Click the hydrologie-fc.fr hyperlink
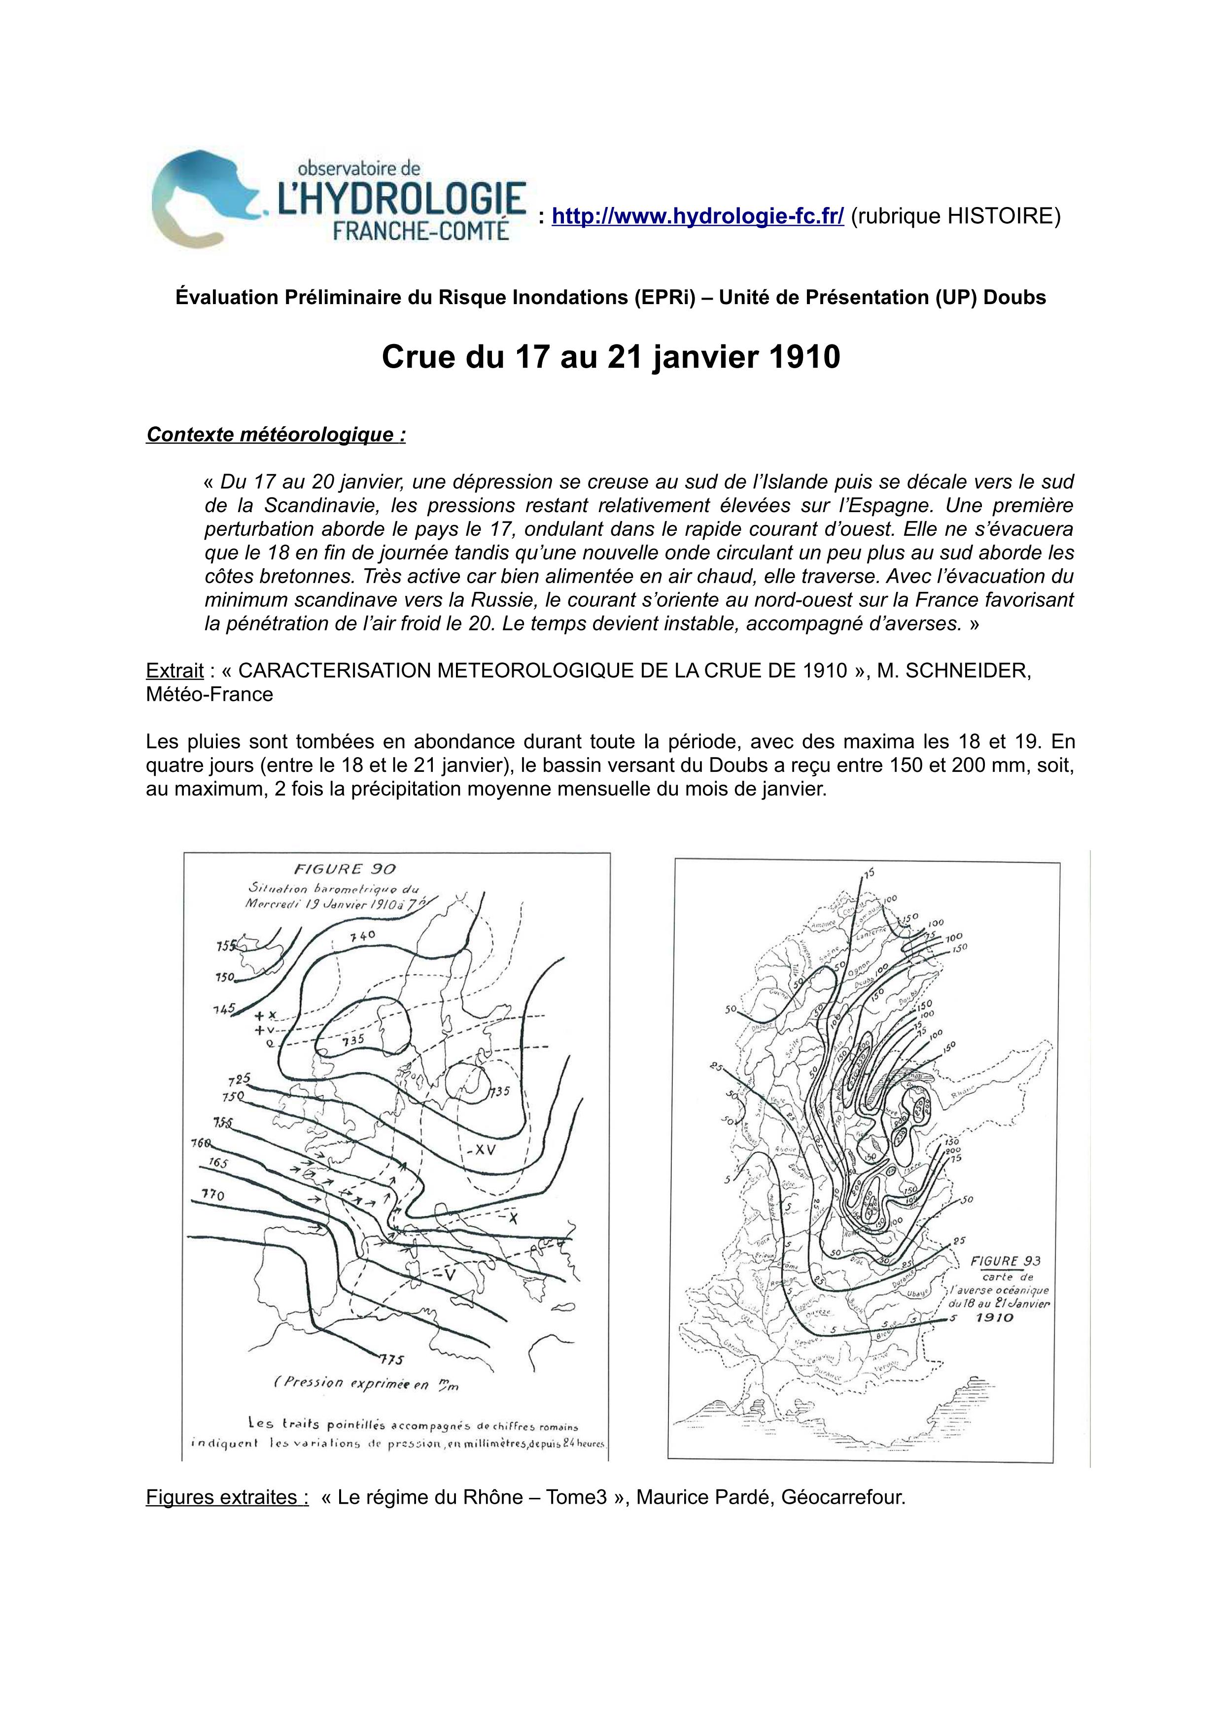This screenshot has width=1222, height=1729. click(697, 216)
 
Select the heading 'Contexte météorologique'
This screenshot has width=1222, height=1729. click(276, 435)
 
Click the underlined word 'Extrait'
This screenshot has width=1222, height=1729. click(175, 670)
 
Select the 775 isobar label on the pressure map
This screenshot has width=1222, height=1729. click(391, 1359)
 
